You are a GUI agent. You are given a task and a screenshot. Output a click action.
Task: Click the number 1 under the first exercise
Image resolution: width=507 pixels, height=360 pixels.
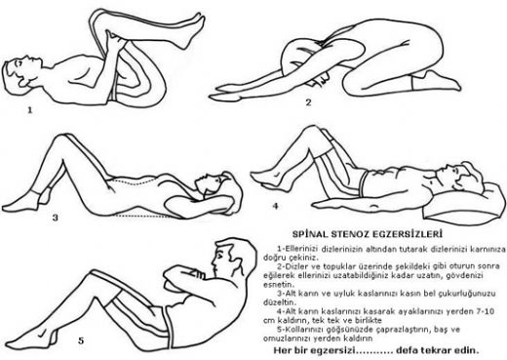[30, 110]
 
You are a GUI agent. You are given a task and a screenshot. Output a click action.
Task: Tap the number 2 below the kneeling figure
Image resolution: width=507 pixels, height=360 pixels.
[308, 102]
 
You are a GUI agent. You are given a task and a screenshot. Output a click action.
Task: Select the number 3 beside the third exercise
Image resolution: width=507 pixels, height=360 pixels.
[56, 218]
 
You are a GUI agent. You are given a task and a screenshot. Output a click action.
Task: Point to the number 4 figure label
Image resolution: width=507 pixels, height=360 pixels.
[276, 206]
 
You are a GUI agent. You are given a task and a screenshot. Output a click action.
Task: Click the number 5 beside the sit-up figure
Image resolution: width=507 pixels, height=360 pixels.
[81, 340]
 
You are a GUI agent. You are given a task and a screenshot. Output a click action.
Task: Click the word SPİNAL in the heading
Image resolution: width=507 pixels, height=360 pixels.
[310, 234]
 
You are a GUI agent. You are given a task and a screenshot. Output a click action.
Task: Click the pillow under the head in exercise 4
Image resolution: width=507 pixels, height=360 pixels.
[465, 203]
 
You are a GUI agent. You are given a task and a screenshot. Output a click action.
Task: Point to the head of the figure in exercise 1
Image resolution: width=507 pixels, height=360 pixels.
[20, 74]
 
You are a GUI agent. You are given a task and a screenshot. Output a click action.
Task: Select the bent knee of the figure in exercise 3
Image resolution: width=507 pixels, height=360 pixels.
[61, 140]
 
